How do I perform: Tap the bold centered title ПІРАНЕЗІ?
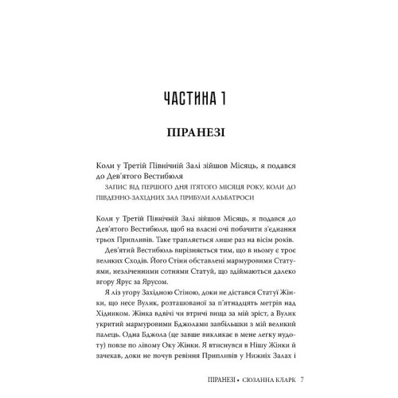[x=199, y=131]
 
